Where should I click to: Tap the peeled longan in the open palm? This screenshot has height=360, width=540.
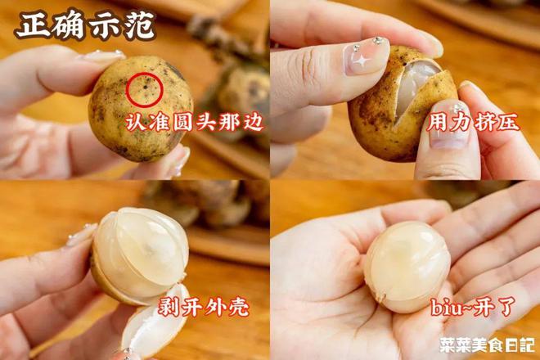tap(406, 266)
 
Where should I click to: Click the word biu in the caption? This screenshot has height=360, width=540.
tap(443, 309)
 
